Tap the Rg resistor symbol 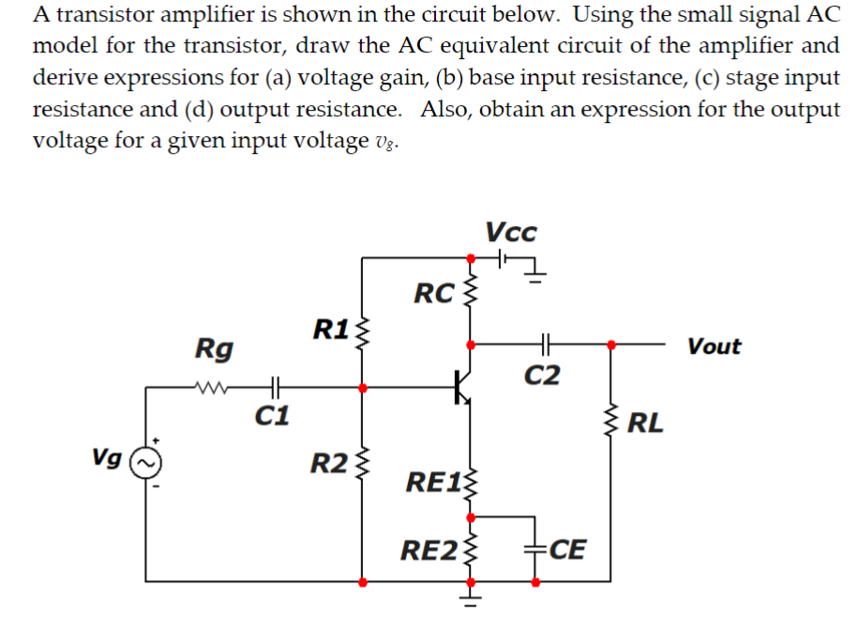215,386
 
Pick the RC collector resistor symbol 471,294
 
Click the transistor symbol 461,385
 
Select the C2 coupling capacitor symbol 543,344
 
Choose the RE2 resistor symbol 471,549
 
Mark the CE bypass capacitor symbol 535,548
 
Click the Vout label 714,346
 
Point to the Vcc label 512,231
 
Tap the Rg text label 214,348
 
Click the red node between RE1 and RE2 471,515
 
